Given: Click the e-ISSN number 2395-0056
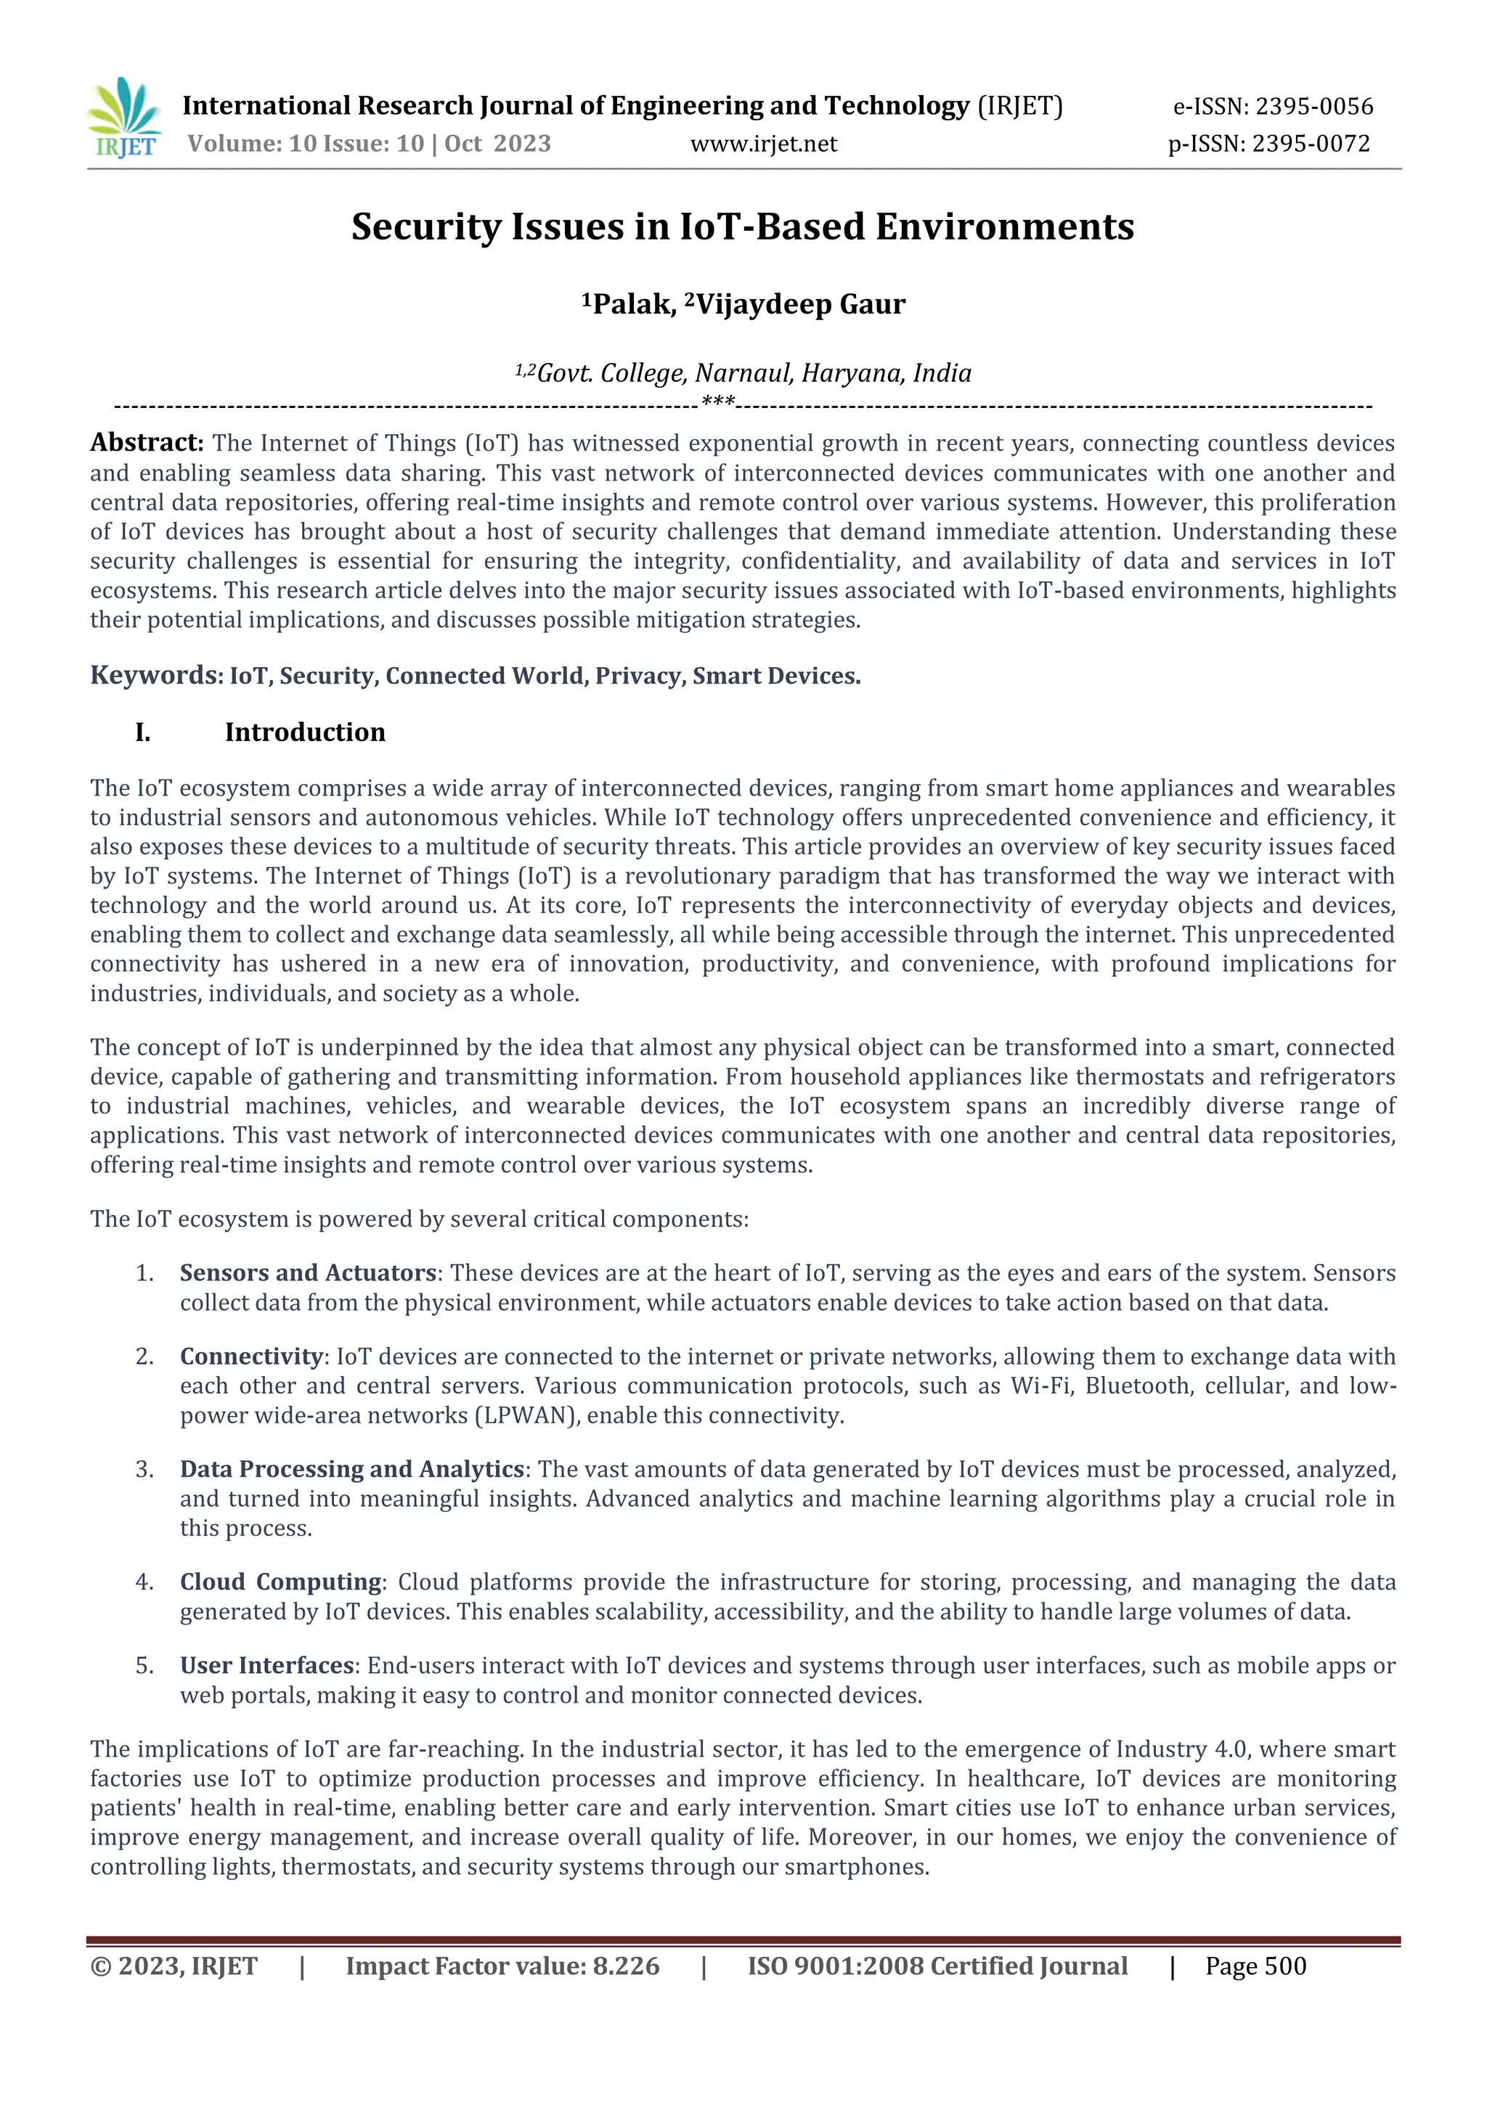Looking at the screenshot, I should (x=1314, y=107).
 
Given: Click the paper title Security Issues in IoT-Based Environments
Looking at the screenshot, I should (x=743, y=226).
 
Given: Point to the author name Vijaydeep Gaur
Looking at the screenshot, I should (x=800, y=304).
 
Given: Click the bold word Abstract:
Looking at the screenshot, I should (x=147, y=443).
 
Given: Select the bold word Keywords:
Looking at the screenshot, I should (x=155, y=676).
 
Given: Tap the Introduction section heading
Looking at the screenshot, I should (x=305, y=732).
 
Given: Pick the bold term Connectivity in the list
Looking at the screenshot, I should (x=252, y=1356).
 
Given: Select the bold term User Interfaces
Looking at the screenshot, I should (x=266, y=1664).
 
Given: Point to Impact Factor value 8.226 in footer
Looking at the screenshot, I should (x=502, y=1966).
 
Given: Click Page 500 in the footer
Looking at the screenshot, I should (x=1255, y=1966).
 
